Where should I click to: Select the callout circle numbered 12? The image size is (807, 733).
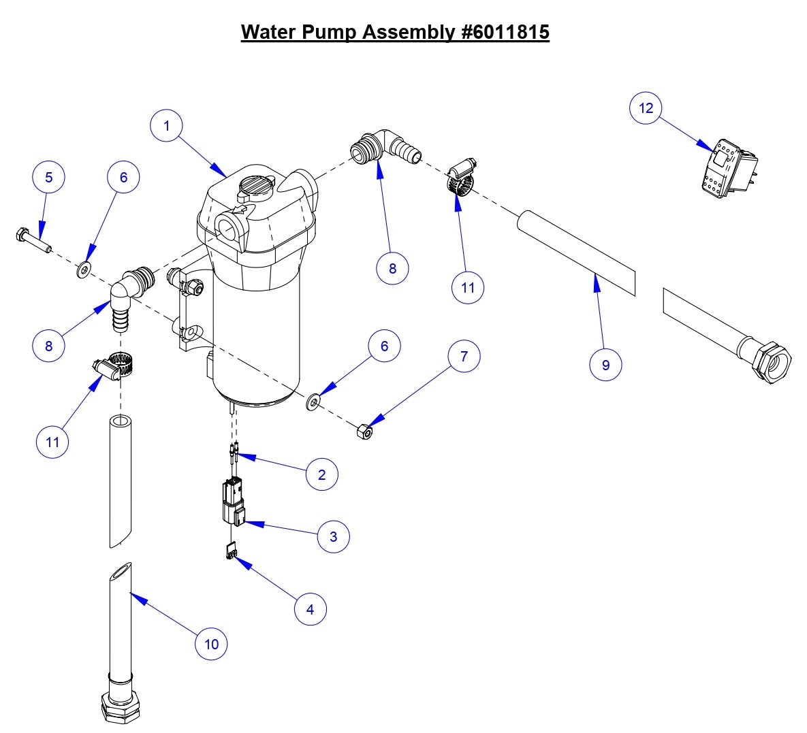[x=646, y=108]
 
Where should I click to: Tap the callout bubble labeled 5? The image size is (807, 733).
[x=48, y=178]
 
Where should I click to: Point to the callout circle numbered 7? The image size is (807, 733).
[x=464, y=357]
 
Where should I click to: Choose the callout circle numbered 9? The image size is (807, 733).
[x=605, y=365]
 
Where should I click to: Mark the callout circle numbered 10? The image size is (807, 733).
[x=211, y=644]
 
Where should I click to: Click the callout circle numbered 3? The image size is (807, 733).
[x=333, y=536]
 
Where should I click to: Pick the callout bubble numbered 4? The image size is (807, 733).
[x=310, y=609]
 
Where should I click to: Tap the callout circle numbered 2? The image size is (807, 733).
[x=322, y=474]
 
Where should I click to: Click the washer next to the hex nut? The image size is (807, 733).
[x=313, y=403]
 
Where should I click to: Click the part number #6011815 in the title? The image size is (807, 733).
[x=502, y=32]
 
